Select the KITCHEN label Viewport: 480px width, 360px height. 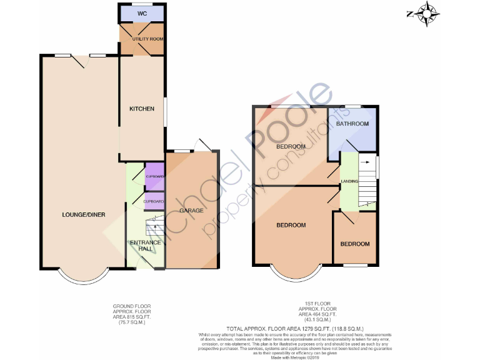[x=141, y=109]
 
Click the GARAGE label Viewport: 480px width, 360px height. [x=191, y=211]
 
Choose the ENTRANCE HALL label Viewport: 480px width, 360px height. [x=146, y=246]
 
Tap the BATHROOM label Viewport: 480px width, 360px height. [x=352, y=124]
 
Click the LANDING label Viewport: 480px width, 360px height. [x=349, y=181]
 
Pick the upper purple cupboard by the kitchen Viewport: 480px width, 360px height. [x=154, y=177]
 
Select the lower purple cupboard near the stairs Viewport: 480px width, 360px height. [x=154, y=201]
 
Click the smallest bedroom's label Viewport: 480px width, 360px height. [x=354, y=244]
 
